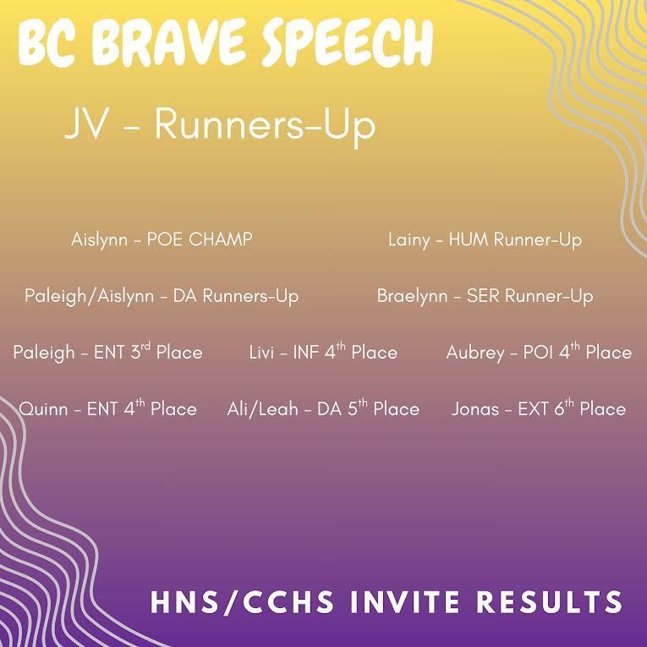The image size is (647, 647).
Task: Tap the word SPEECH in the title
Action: point(347,42)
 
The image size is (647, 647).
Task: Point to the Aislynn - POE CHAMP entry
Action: point(162,239)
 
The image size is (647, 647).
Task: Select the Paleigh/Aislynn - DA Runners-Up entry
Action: point(161,296)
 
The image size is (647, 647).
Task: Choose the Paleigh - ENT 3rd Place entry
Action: point(107,352)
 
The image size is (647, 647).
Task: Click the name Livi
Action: point(263,352)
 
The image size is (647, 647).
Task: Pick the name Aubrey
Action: point(474,352)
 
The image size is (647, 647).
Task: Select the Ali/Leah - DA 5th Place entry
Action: point(323,408)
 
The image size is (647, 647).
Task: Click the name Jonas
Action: point(475,408)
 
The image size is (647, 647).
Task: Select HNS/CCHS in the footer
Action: point(233,602)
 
